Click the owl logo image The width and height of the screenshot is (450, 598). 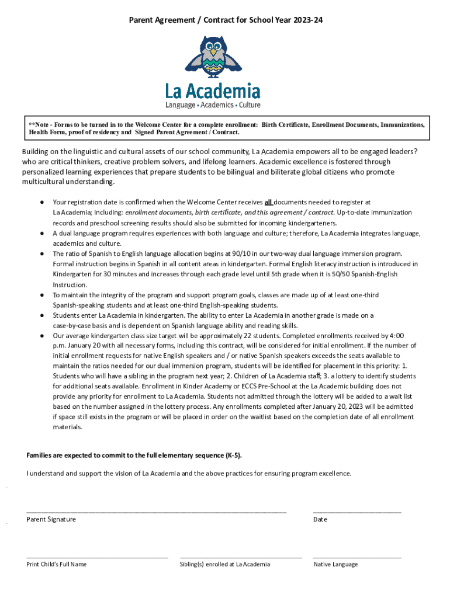pos(212,57)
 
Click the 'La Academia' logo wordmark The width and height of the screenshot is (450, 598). pos(212,91)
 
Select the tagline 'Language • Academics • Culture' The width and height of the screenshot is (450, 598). pos(212,105)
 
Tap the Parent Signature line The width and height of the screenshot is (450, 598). pos(156,512)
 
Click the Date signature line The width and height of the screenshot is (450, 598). pos(357,512)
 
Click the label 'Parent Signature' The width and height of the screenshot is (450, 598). pos(51,519)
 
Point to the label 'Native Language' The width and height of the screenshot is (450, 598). pos(335,564)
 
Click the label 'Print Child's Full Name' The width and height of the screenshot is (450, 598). pos(57,564)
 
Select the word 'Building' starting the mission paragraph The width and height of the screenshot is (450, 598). pos(36,151)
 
